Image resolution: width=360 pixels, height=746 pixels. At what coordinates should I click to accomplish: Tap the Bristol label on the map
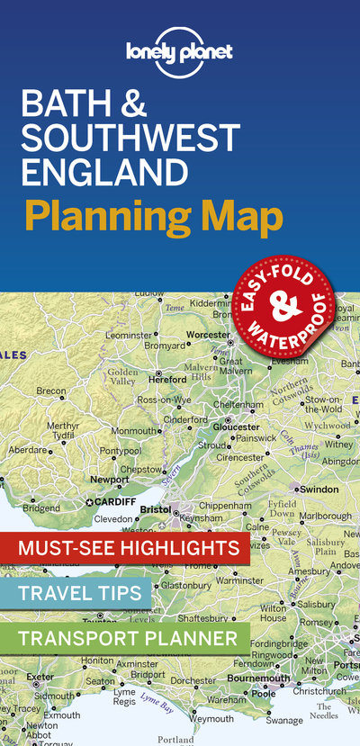coord(156,508)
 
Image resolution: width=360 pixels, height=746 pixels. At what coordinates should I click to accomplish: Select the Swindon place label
coord(319,489)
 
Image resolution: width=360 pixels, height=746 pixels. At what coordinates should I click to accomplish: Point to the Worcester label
coord(209,334)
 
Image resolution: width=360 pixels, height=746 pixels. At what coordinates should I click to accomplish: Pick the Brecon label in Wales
coord(50,391)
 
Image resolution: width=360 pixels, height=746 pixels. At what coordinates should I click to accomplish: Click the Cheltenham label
coord(238,405)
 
